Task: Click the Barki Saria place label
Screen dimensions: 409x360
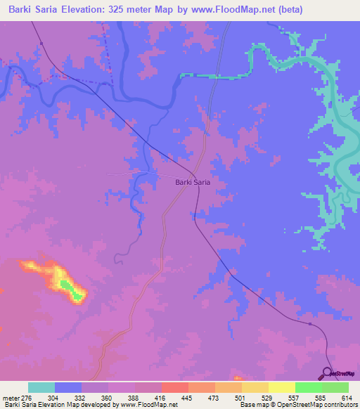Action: (x=193, y=182)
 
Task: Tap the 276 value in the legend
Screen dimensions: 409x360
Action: (x=28, y=397)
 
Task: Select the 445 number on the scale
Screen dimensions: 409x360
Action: (x=188, y=397)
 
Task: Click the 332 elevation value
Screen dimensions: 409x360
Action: (x=82, y=397)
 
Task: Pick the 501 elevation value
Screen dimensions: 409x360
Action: (x=241, y=397)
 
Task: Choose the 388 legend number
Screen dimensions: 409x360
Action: (x=135, y=397)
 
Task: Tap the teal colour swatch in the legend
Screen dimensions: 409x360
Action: (x=41, y=387)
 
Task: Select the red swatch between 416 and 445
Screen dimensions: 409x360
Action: (x=174, y=387)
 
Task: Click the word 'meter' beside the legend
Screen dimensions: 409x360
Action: (x=11, y=397)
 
